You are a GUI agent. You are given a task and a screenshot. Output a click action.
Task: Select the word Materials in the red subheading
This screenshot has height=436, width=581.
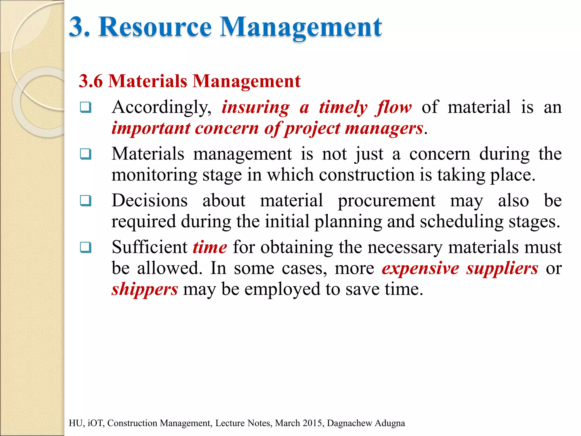(x=148, y=81)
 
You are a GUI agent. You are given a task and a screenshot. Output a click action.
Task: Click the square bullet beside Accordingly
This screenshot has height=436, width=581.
(x=86, y=108)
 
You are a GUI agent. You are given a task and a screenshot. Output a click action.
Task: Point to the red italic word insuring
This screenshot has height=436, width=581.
(x=256, y=108)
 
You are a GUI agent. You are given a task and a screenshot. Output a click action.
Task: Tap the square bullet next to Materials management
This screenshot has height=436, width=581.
(x=86, y=154)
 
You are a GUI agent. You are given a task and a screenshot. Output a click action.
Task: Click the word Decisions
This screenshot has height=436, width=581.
(x=150, y=201)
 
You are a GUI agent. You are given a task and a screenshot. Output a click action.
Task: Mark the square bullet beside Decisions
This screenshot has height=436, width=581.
(x=86, y=201)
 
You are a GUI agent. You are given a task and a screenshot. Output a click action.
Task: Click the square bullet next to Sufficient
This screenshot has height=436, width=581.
(x=86, y=247)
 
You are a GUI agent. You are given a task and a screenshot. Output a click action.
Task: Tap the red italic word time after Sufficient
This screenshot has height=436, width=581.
(x=210, y=247)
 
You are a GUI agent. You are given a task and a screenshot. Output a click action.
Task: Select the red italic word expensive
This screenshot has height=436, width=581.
(x=420, y=268)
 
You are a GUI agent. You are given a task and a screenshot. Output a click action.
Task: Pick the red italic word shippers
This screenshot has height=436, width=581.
(x=145, y=289)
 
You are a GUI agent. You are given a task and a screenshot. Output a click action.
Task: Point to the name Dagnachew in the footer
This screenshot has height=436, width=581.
(x=349, y=423)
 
